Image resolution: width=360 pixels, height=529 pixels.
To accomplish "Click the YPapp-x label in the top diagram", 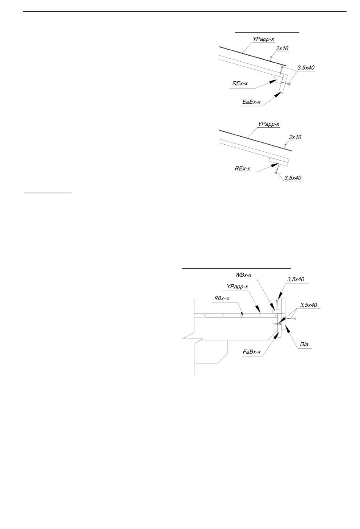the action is point(263,39).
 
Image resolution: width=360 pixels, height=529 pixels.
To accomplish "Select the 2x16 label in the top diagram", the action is point(282,48).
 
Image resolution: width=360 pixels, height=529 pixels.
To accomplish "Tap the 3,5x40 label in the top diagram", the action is point(306,68).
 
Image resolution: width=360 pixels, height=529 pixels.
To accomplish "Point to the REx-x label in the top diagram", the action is point(240,83).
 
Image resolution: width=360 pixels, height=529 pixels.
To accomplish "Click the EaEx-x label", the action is point(252,102).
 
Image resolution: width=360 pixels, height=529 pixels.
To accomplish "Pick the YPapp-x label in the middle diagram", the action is point(269,124).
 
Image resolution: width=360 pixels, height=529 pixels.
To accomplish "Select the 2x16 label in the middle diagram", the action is point(295,137).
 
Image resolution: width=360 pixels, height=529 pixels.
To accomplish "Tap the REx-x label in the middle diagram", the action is point(242,169).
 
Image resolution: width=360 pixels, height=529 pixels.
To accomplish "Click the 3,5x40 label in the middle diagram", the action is point(293,178).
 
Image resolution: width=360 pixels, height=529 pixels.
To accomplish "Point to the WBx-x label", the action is point(243,275).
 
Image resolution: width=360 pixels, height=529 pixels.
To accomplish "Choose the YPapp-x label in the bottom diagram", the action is point(237,287).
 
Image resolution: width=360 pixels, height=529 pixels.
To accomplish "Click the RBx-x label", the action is point(222,298).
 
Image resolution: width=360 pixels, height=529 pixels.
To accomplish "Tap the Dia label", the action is point(304,344).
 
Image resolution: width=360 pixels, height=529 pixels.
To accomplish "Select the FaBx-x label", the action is point(252,352).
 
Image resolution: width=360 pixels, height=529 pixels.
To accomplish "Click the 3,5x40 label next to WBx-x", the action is point(296,279).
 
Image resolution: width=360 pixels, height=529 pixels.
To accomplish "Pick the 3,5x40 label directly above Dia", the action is point(308,305).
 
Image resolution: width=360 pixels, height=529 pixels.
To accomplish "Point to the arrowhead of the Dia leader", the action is point(288,329).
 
